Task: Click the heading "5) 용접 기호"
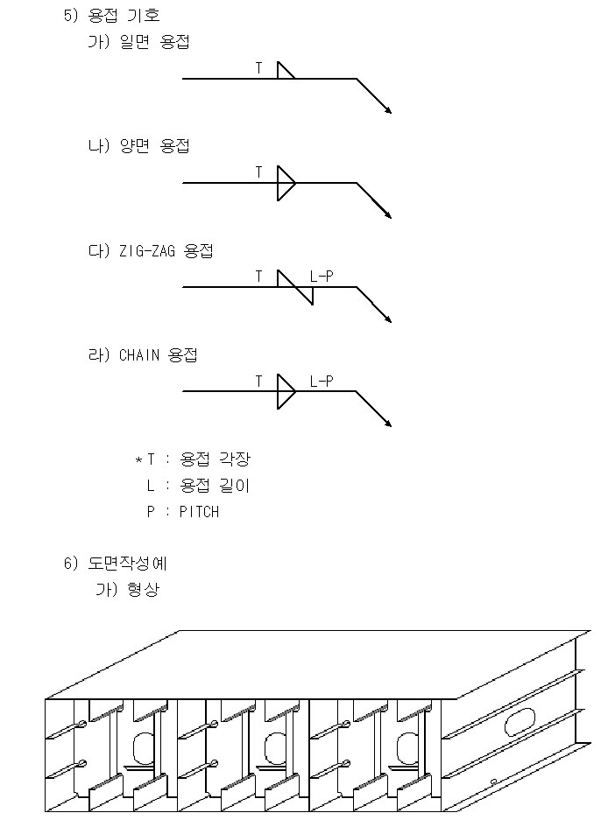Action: coord(111,16)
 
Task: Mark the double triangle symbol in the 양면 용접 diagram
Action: coord(285,183)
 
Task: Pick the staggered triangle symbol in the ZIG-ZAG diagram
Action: coord(295,287)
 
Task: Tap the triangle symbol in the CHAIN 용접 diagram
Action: coord(285,391)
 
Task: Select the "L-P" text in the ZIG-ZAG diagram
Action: coord(322,277)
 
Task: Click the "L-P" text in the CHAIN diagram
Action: coord(322,382)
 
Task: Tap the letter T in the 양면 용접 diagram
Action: coord(258,172)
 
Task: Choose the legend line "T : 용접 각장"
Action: coord(198,459)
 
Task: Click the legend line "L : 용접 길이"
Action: coord(198,486)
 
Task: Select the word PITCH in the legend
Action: coord(199,512)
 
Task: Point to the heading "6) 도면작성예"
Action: coord(116,564)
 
